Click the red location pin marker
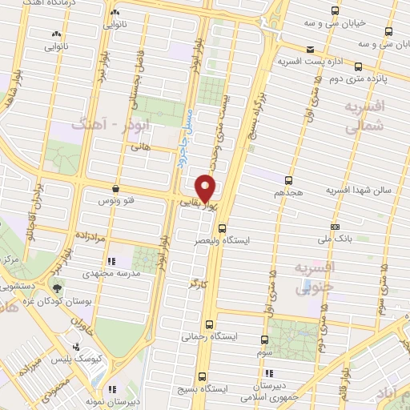click(x=206, y=187)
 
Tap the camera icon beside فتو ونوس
click(x=118, y=189)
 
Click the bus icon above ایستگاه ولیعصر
click(x=223, y=227)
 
